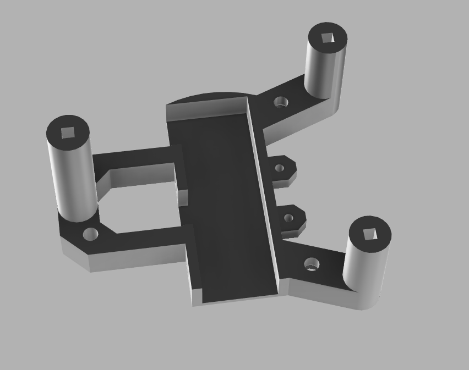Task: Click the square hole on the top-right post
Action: tap(328, 37)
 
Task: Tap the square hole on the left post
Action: tap(68, 132)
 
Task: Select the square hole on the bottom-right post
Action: tap(370, 235)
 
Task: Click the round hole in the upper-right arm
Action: tap(281, 102)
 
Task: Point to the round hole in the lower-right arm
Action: tap(311, 265)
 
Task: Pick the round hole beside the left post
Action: tap(90, 235)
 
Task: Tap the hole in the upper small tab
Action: tap(279, 168)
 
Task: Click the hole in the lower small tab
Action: tap(288, 218)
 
